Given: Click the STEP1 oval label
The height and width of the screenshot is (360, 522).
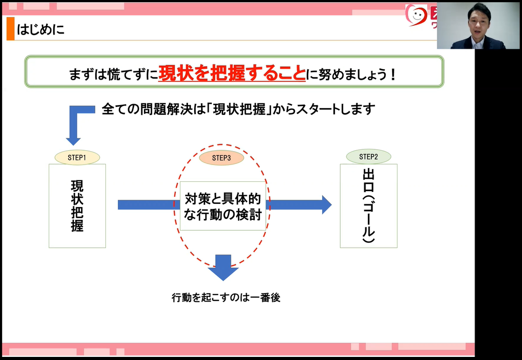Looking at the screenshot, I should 77,157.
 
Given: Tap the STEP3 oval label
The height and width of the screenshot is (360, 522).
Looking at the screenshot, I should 222,157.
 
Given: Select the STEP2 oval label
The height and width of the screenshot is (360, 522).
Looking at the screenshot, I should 368,157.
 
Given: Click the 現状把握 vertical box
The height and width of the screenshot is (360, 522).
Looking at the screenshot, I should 77,206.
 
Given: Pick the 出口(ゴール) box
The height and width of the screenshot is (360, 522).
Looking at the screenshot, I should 368,206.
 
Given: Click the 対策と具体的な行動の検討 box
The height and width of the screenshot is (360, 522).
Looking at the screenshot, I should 222,206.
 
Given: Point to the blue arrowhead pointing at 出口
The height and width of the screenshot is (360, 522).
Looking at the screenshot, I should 326,204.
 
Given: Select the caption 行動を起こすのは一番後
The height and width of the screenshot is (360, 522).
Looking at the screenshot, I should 226,297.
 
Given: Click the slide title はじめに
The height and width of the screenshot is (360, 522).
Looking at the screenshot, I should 40,30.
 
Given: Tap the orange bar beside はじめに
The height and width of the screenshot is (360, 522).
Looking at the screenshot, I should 11,30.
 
